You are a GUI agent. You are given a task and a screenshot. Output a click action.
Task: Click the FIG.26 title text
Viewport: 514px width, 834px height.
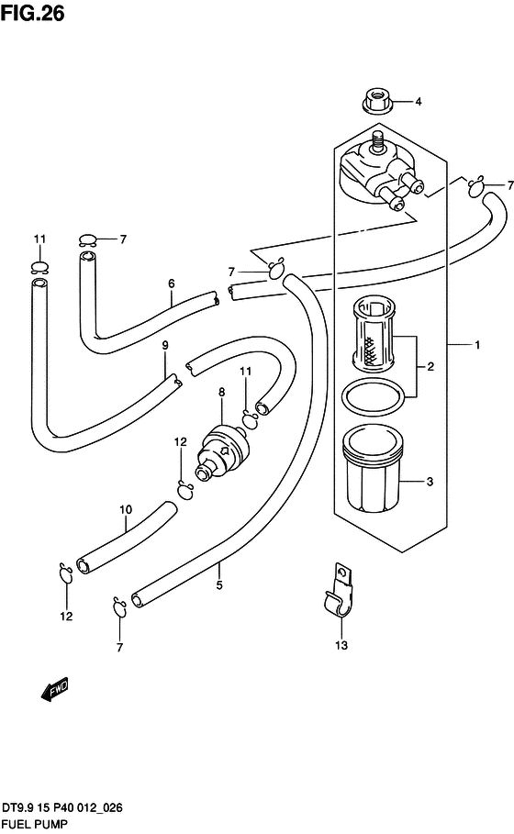(32, 13)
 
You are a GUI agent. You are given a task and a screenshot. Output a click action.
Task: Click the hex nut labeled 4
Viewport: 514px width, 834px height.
(378, 101)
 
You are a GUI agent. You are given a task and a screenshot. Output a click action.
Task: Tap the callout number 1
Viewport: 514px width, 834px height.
(477, 345)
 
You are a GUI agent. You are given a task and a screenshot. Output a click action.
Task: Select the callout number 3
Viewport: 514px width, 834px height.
(430, 482)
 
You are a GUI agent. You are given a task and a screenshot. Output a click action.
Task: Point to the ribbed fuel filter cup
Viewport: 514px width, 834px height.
(373, 468)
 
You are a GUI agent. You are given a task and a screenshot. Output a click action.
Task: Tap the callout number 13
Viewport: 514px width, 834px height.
(341, 645)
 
